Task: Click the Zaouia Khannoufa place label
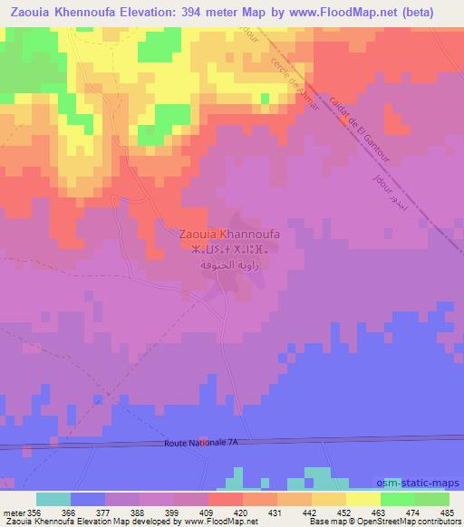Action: (230, 234)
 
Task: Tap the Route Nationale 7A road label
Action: (204, 443)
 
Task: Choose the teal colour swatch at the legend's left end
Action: (53, 499)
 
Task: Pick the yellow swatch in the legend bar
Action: (362, 499)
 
